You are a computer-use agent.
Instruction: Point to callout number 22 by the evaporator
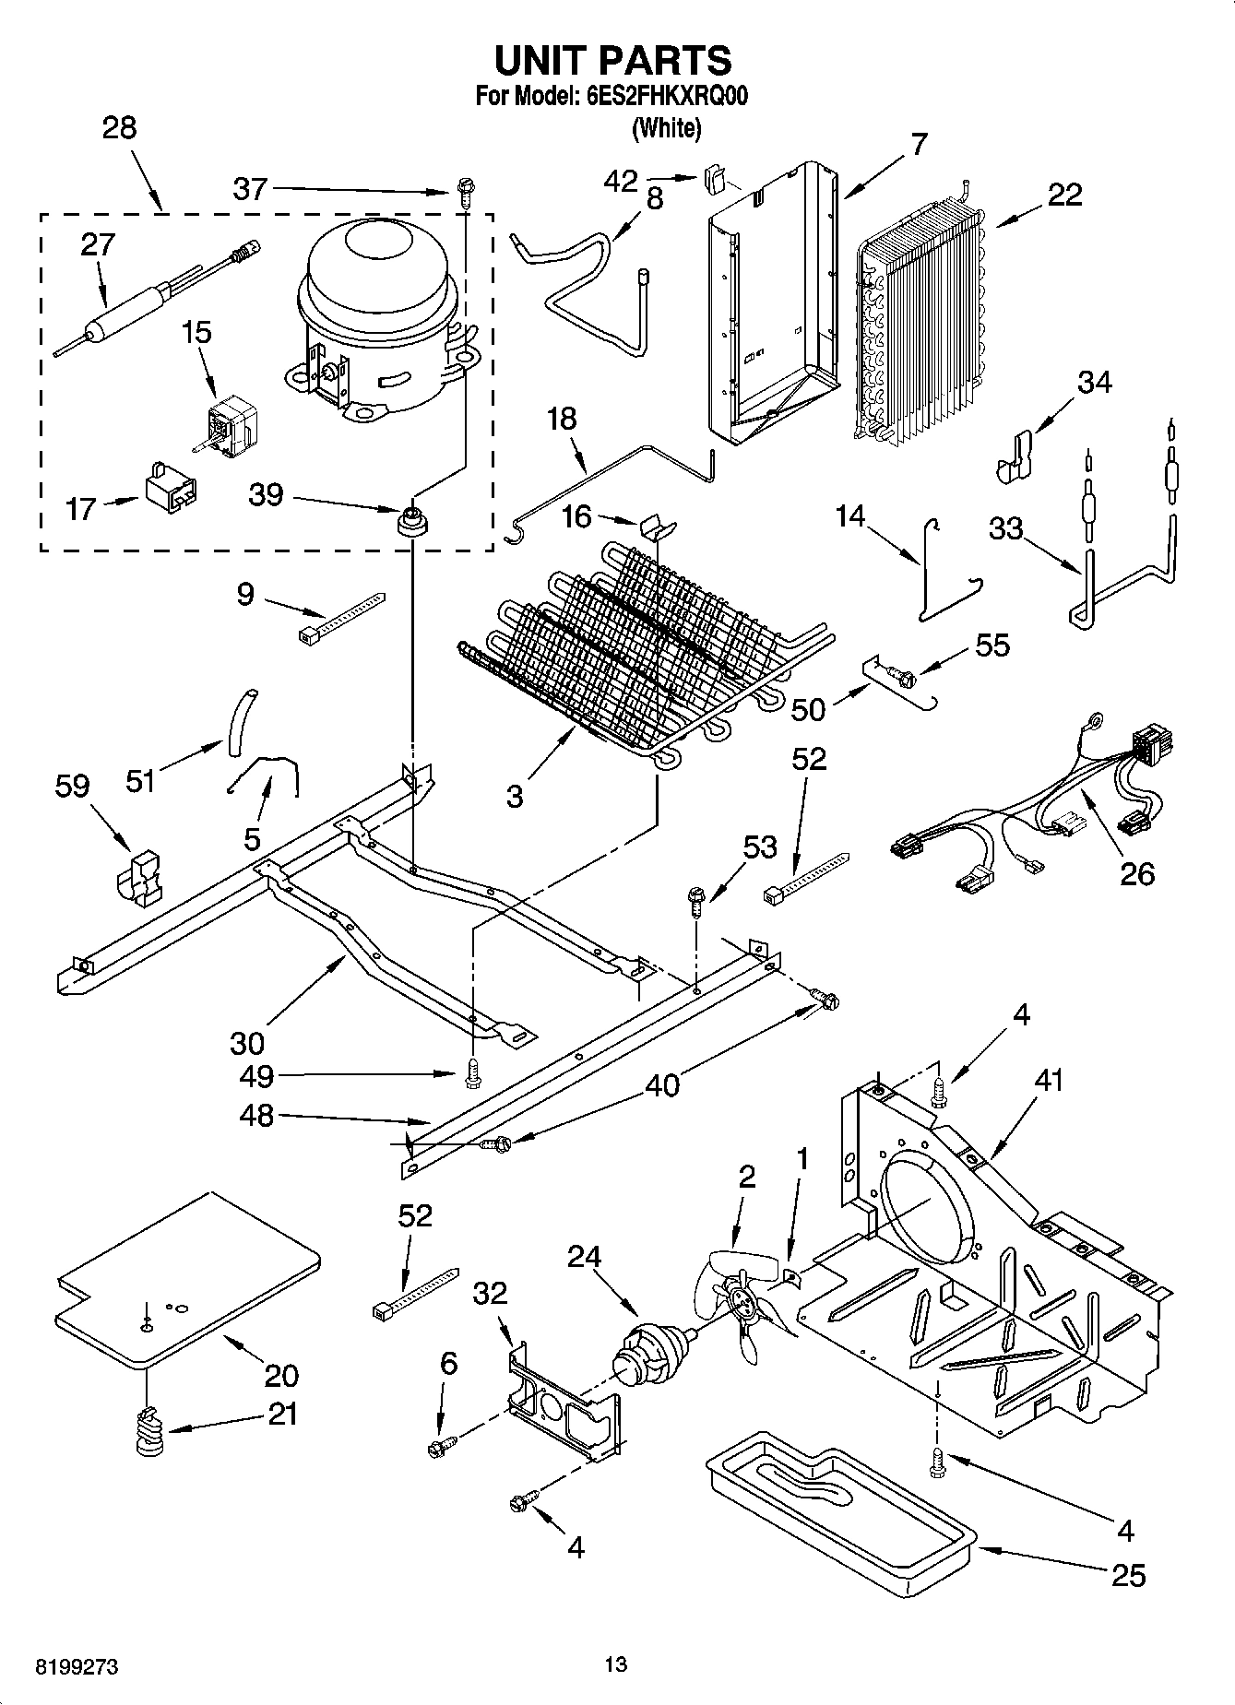[x=1064, y=195]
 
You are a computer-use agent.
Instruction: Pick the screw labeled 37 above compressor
[x=466, y=192]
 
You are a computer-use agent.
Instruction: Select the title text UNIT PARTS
[x=613, y=61]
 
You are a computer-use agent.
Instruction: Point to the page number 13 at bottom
[x=616, y=1664]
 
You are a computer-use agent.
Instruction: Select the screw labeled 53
[x=698, y=898]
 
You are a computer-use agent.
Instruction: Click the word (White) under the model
[x=666, y=128]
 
